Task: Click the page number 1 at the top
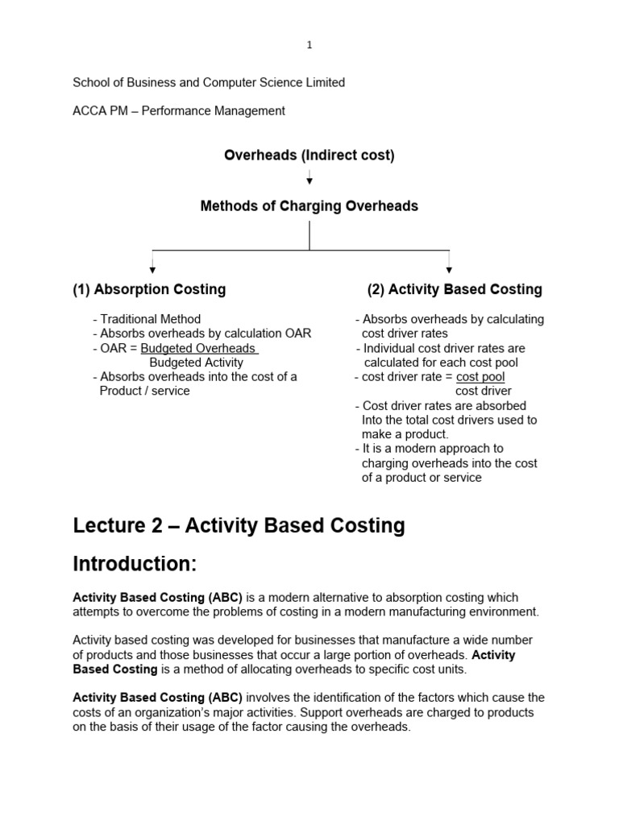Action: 309,46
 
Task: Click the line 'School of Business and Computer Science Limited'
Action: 209,82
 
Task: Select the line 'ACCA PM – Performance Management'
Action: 179,111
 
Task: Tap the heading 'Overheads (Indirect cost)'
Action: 309,155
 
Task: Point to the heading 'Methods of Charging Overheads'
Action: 309,206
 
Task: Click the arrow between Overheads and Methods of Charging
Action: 309,178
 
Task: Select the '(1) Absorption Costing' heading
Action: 149,289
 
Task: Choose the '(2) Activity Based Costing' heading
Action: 455,289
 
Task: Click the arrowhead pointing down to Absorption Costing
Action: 152,269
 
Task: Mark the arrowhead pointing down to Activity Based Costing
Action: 449,269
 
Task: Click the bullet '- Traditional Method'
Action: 147,319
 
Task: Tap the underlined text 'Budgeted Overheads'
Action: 199,348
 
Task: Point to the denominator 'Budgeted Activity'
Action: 196,363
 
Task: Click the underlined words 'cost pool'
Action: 480,377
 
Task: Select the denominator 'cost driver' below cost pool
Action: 484,392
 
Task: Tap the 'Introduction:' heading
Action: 135,564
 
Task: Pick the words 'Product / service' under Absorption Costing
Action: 144,392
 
